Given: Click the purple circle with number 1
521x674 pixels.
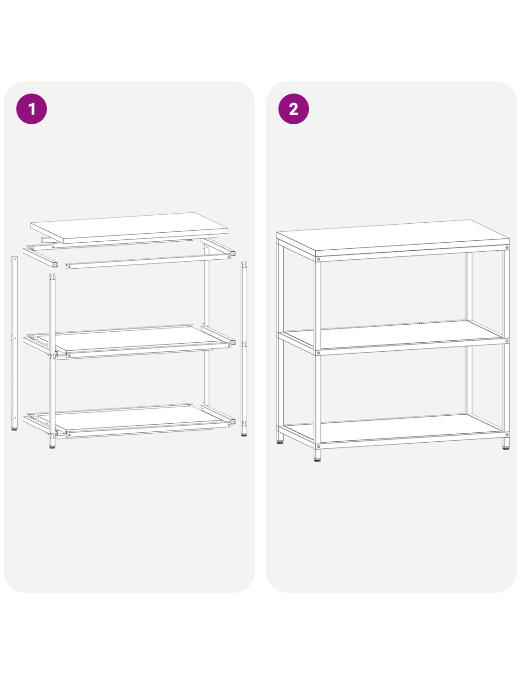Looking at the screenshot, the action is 31,109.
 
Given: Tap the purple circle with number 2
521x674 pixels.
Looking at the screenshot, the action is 293,109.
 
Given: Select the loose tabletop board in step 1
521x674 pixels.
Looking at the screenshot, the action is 129,228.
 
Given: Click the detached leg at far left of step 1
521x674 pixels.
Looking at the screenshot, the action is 14,343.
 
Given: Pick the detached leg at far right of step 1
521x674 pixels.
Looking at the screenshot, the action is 244,349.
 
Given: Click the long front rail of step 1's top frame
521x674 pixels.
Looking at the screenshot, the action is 148,261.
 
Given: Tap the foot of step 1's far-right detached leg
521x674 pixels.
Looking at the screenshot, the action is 244,435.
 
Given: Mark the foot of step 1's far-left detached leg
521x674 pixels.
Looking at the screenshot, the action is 14,429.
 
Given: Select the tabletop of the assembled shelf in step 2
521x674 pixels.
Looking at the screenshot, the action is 392,238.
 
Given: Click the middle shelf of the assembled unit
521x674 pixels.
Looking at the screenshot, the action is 392,334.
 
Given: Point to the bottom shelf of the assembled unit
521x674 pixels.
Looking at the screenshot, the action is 392,428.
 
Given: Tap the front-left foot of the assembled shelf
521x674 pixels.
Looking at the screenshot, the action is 317,458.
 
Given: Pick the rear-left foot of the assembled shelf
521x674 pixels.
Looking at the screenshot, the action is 280,437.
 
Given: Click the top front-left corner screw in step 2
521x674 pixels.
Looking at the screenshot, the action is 318,259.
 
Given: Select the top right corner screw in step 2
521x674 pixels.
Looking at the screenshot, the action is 507,247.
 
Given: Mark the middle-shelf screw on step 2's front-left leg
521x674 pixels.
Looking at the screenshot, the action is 318,353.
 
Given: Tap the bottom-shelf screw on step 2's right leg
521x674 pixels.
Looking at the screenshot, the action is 507,435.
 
